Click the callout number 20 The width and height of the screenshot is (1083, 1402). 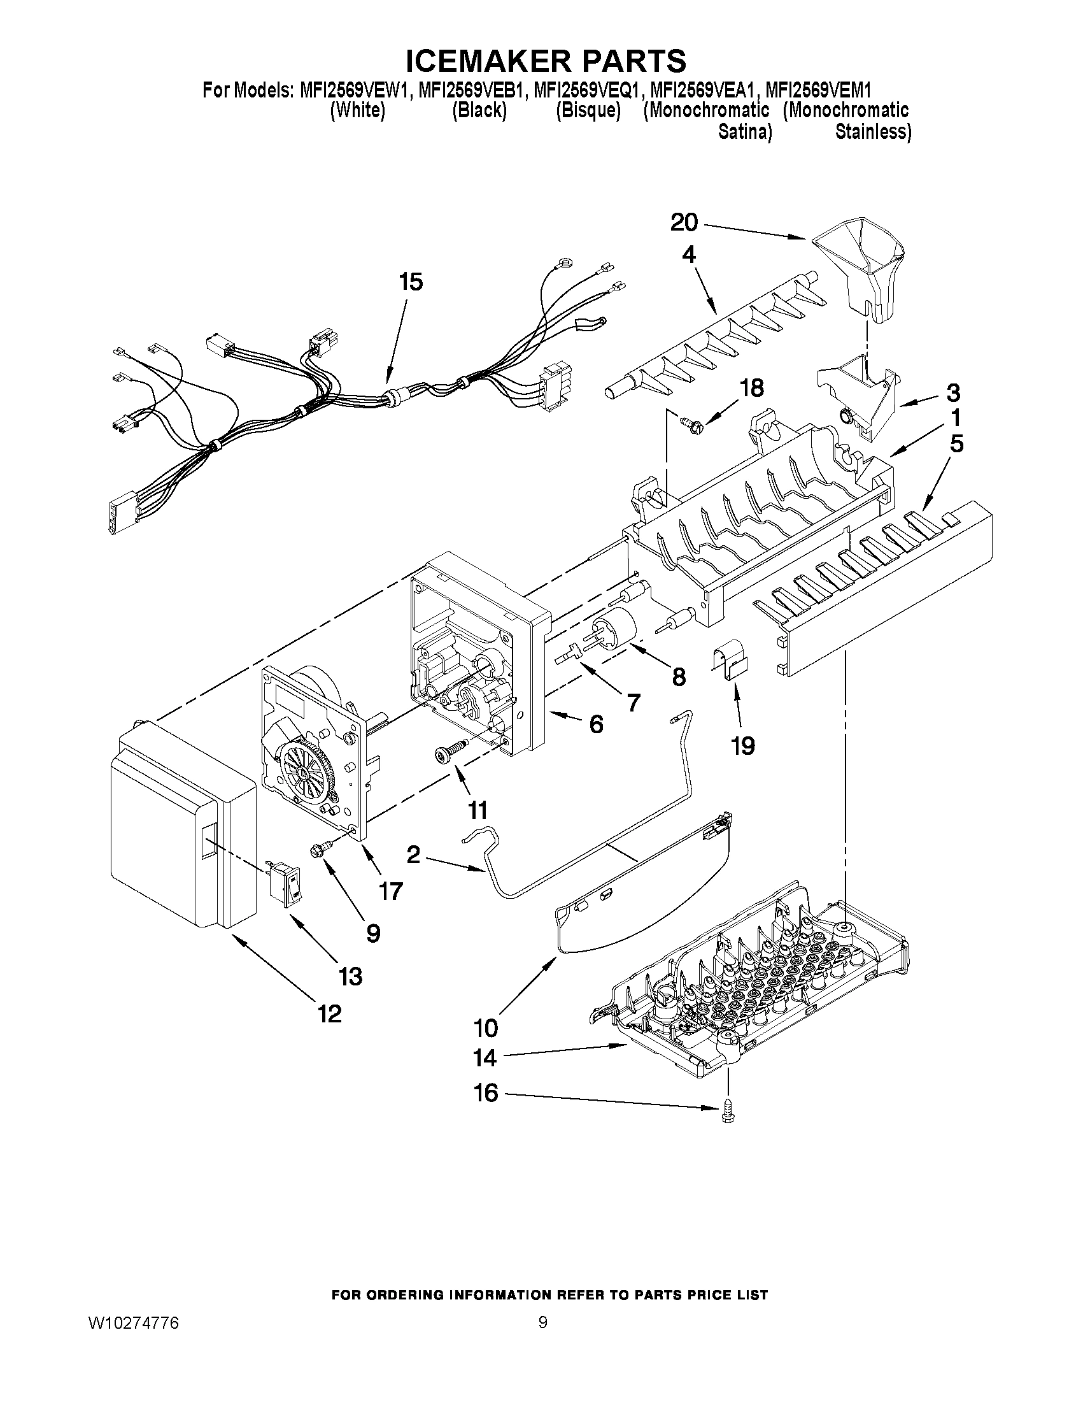[684, 223]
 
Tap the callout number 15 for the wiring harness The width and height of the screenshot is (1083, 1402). [411, 282]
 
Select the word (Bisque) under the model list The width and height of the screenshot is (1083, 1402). [588, 111]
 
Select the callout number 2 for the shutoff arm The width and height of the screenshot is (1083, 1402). [413, 854]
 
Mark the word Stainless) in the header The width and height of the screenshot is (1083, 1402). [872, 132]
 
